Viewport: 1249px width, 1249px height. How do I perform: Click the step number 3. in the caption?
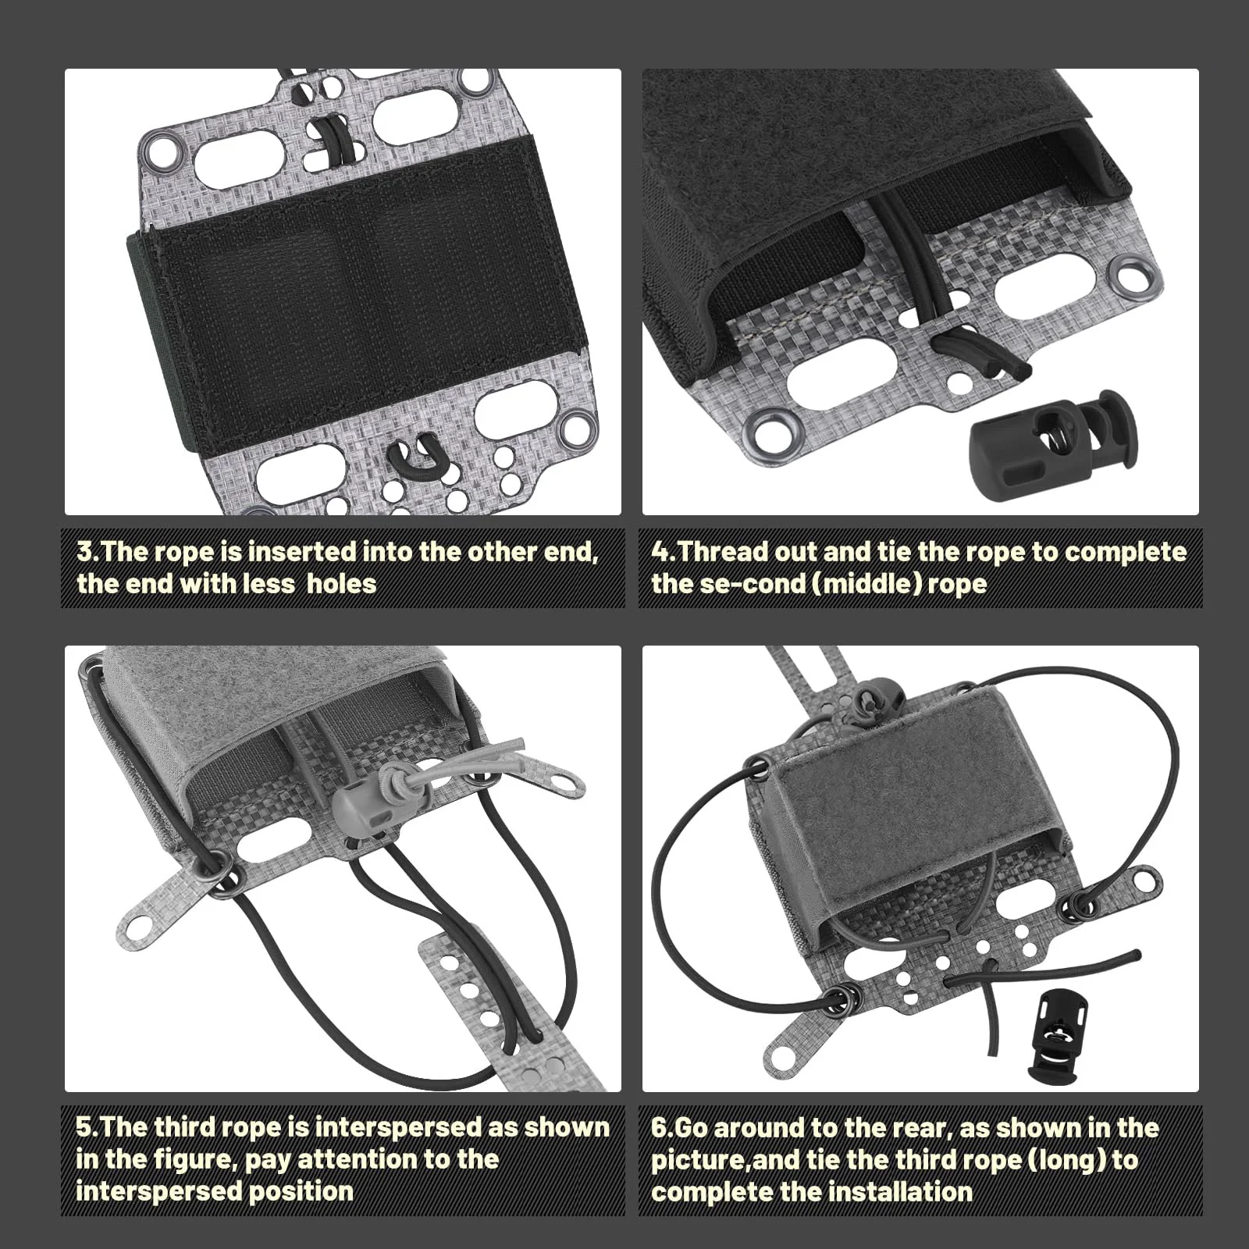[x=88, y=552]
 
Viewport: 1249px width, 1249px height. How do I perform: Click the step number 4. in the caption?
[x=664, y=552]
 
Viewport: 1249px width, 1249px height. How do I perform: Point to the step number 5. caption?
[x=88, y=1128]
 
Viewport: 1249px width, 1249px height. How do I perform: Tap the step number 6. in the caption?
[x=663, y=1128]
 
